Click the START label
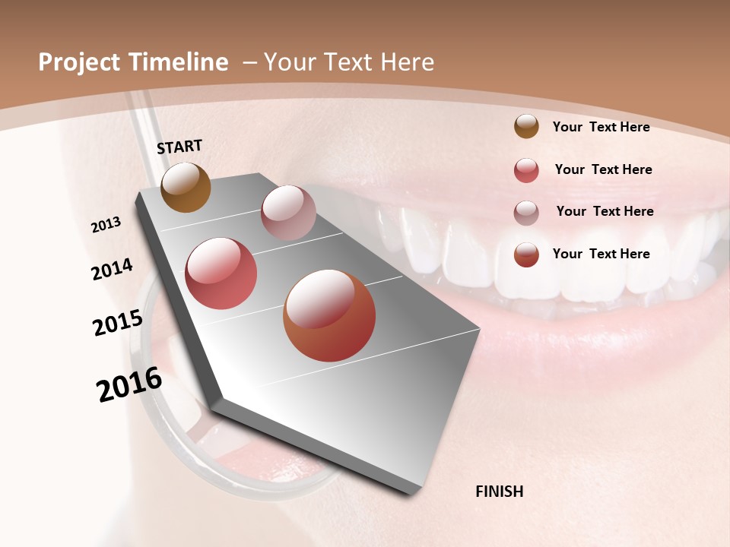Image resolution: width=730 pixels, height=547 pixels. pyautogui.click(x=179, y=147)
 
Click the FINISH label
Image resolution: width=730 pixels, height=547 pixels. pyautogui.click(x=499, y=492)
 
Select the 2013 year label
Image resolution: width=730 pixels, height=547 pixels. pyautogui.click(x=106, y=225)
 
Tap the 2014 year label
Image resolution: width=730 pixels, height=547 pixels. pyautogui.click(x=112, y=270)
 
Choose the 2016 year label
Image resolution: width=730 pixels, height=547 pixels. pyautogui.click(x=129, y=384)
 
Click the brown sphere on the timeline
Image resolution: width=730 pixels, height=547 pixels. pyautogui.click(x=186, y=187)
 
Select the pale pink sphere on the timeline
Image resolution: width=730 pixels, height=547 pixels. pyautogui.click(x=288, y=213)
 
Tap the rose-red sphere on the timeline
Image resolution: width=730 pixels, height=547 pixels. pyautogui.click(x=221, y=273)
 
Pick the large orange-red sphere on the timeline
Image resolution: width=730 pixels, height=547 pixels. pyautogui.click(x=329, y=315)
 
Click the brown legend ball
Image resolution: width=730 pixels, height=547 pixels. pyautogui.click(x=526, y=126)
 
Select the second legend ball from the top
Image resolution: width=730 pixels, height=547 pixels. pyautogui.click(x=526, y=170)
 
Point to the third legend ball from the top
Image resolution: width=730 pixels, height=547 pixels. pyautogui.click(x=526, y=212)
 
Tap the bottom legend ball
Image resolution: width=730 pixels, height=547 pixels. pyautogui.click(x=526, y=255)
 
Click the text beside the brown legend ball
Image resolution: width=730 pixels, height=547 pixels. pyautogui.click(x=601, y=127)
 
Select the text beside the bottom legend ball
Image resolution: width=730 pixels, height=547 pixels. pyautogui.click(x=601, y=254)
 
